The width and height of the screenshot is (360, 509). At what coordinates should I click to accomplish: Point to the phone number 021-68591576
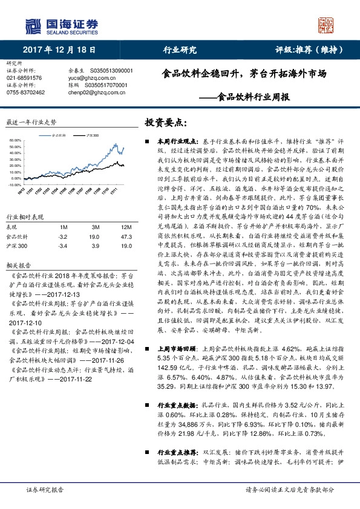click(24, 78)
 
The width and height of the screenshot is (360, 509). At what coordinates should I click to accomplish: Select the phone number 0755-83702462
click(25, 92)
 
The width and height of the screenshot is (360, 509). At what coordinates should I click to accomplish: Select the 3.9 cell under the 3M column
click(94, 247)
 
